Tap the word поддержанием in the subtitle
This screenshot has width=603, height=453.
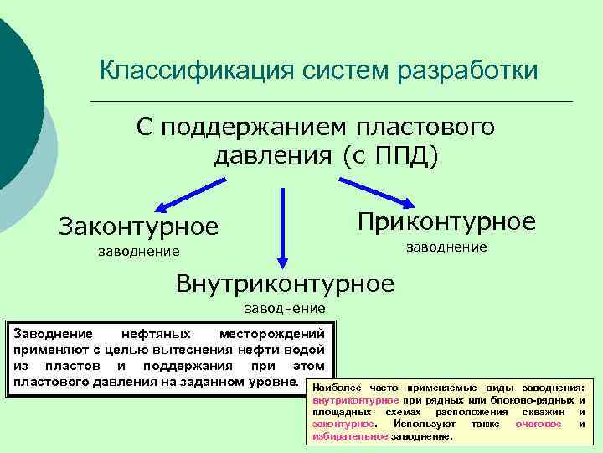(255, 128)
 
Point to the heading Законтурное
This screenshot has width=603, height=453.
(138, 226)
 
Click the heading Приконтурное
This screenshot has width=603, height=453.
(446, 221)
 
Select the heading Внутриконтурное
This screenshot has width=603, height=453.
(285, 284)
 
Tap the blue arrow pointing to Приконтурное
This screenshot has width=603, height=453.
(378, 190)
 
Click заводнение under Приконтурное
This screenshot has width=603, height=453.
(446, 247)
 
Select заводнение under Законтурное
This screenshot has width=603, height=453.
(138, 251)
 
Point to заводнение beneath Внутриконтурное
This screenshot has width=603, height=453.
(285, 309)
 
